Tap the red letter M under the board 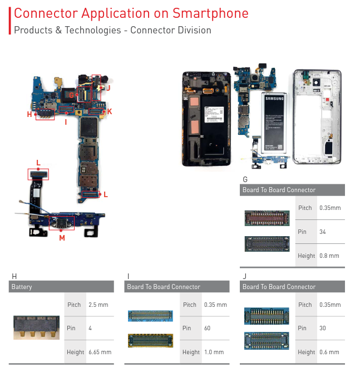[x=62, y=238]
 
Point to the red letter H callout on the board [x=29, y=114]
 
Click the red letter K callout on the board [x=110, y=111]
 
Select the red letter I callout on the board [x=66, y=121]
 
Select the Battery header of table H [x=22, y=287]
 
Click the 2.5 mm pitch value [x=98, y=305]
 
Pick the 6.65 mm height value [x=100, y=352]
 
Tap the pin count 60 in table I [x=207, y=328]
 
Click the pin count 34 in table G [x=323, y=231]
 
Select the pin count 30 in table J [x=323, y=328]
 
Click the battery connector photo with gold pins [x=36, y=327]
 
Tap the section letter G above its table [x=245, y=179]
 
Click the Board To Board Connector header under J [x=279, y=287]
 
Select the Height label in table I [x=190, y=352]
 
